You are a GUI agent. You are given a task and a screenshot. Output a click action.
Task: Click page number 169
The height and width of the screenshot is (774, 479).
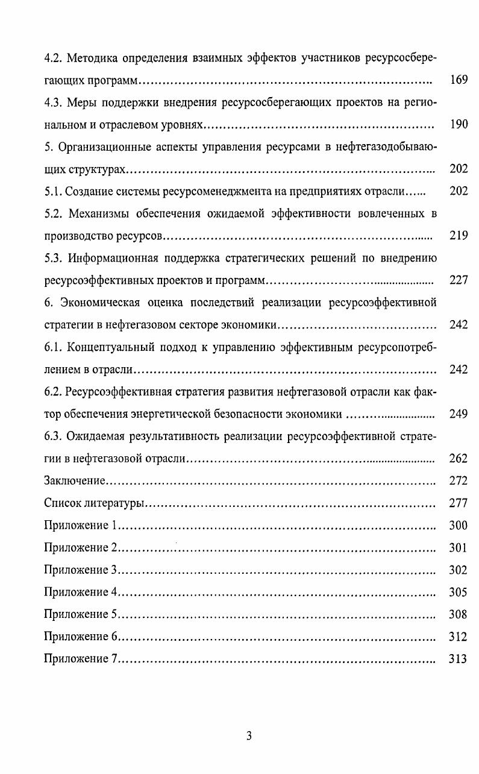tap(459, 80)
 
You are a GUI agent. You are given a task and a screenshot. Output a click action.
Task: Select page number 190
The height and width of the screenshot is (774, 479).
tap(459, 125)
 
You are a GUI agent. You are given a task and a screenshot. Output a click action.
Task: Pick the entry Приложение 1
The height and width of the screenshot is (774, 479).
tap(80, 525)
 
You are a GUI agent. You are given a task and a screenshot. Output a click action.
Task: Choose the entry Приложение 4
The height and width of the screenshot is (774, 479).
tap(80, 592)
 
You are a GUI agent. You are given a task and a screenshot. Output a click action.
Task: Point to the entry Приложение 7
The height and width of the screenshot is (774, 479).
tap(80, 659)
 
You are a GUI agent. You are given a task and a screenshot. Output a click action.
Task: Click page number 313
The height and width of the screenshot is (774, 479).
tap(459, 659)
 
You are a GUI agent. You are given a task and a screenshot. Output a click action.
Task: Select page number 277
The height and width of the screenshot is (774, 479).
tap(459, 503)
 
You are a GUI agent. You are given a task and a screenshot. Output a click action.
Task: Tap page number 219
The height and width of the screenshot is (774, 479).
tap(459, 236)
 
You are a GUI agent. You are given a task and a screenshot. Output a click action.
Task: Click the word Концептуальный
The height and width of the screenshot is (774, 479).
tap(112, 347)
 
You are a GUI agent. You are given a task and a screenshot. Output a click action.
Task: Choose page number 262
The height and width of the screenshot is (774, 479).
tap(459, 458)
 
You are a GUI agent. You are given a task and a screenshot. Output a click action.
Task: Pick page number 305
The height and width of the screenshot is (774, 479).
tap(459, 592)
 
